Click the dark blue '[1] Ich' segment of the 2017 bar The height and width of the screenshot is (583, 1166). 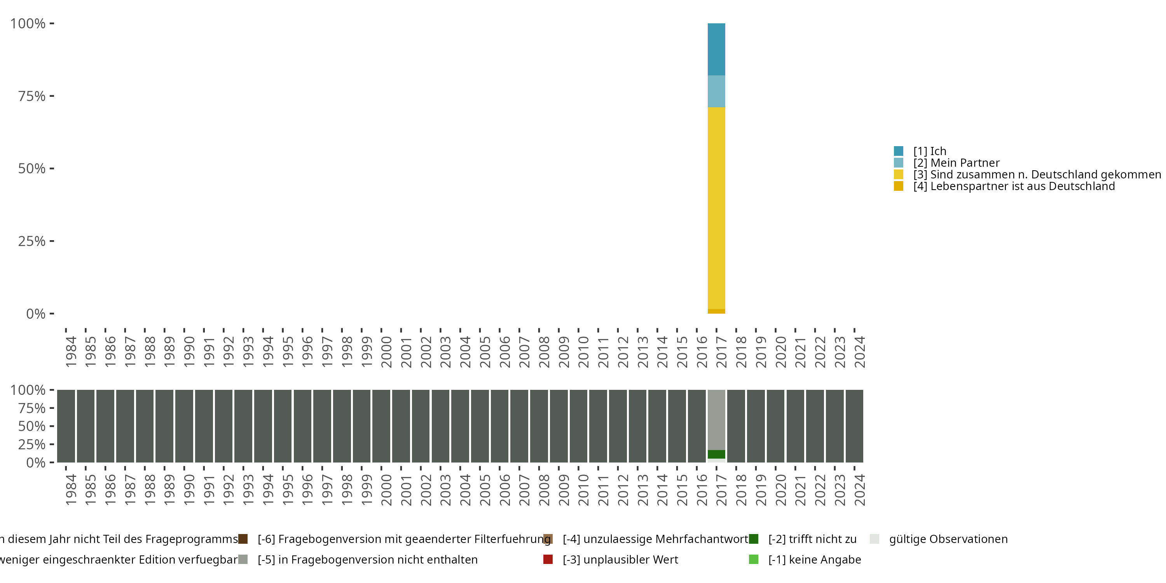click(x=716, y=49)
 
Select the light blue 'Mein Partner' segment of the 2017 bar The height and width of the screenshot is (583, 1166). click(x=716, y=91)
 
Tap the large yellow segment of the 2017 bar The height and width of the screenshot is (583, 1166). click(x=716, y=208)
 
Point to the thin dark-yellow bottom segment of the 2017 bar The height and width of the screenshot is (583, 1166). click(x=716, y=311)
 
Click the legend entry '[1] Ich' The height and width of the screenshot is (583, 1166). click(x=929, y=151)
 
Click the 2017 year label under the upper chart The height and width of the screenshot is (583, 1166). click(x=721, y=352)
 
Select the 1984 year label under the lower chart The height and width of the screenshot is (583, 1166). click(x=71, y=490)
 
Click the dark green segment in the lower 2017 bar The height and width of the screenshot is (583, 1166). click(x=716, y=454)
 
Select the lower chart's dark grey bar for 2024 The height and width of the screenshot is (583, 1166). click(x=854, y=426)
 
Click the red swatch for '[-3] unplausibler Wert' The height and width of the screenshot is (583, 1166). click(x=548, y=559)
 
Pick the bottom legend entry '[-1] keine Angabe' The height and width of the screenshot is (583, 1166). click(x=814, y=559)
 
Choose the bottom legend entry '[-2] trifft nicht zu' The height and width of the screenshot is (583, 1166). click(x=812, y=539)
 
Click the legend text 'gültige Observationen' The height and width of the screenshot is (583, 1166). click(x=948, y=539)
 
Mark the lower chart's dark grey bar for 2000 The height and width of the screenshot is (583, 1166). click(x=381, y=426)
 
